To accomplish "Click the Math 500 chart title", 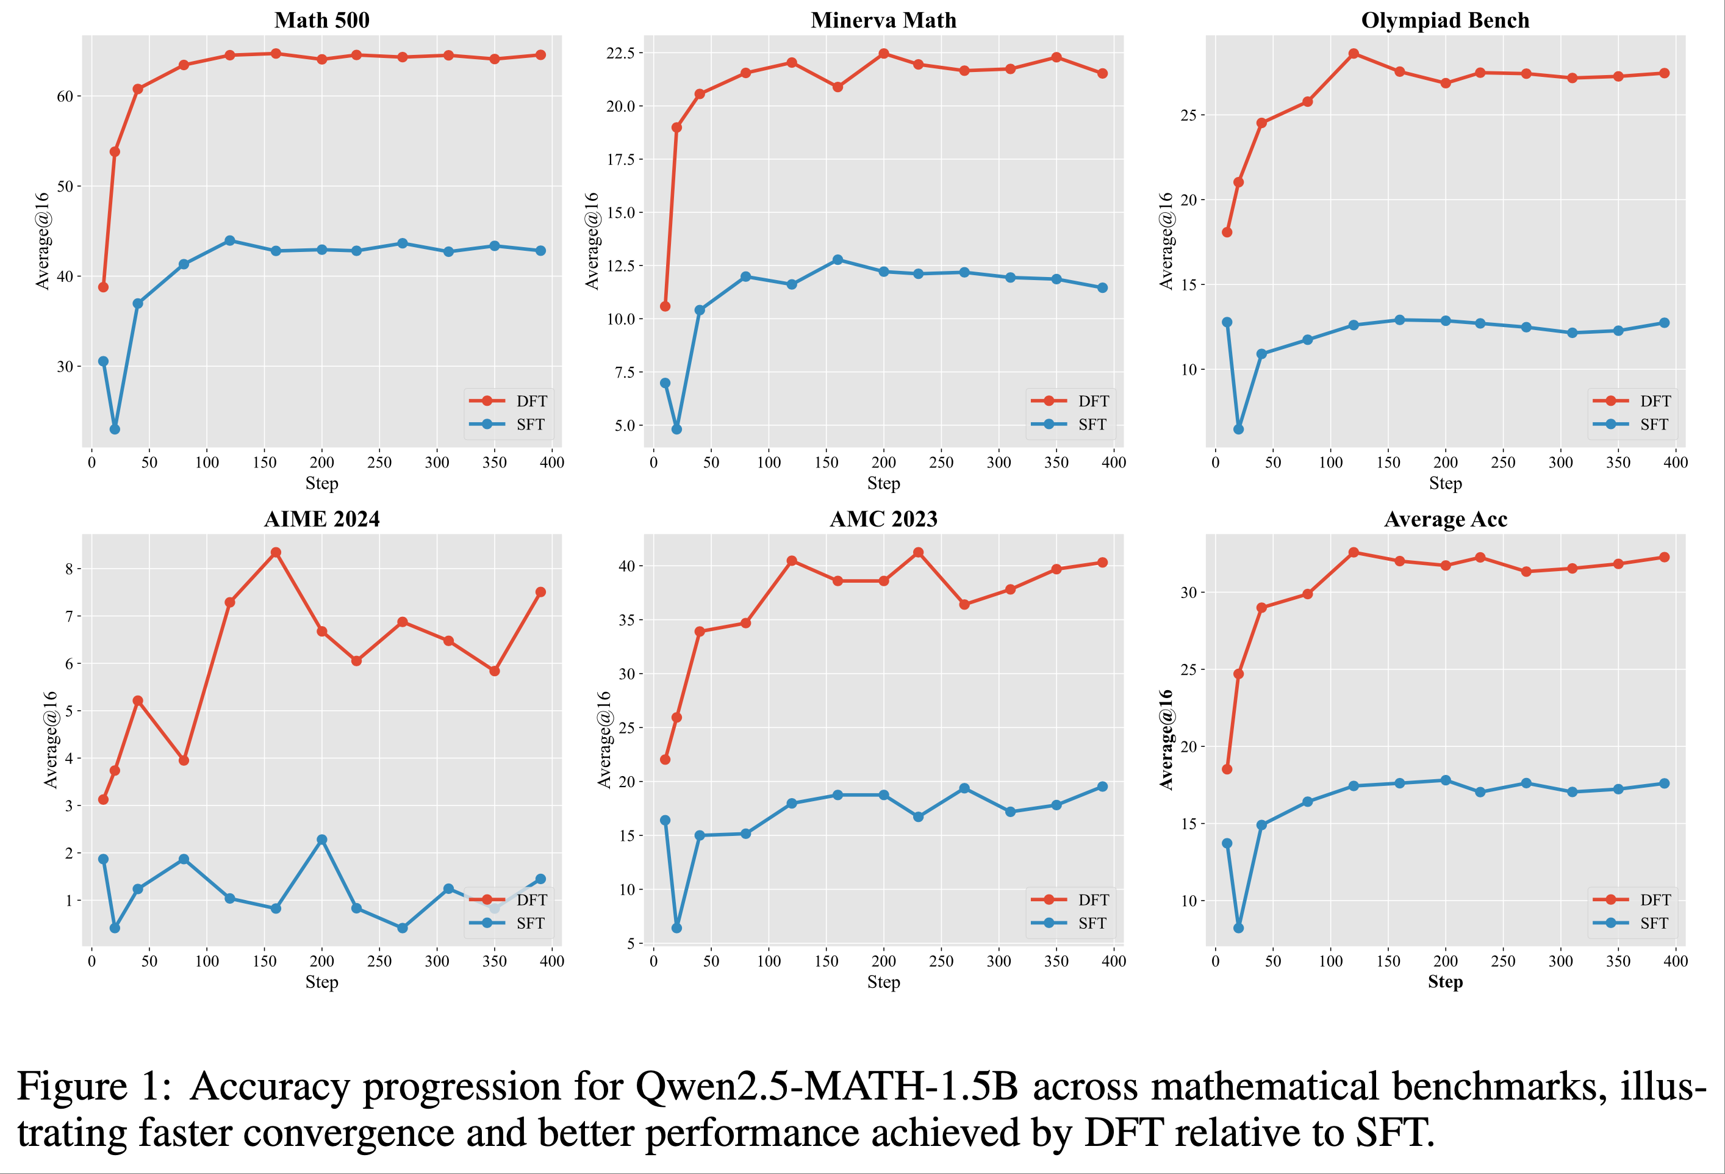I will pos(321,20).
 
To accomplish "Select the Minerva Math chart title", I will pos(883,20).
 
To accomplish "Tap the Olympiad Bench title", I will pos(1445,20).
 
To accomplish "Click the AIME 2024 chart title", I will pos(321,519).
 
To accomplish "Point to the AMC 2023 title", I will pos(883,519).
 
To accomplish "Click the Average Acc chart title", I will pos(1445,519).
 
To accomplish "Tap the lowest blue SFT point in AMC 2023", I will pos(676,928).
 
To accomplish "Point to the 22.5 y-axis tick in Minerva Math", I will pos(620,52).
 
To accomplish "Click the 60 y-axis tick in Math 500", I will pos(65,96).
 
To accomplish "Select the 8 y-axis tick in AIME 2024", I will pos(69,569).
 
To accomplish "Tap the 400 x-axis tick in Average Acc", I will pos(1675,961).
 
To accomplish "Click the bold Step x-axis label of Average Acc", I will pos(1445,982).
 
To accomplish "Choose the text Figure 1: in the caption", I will pos(95,1086).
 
